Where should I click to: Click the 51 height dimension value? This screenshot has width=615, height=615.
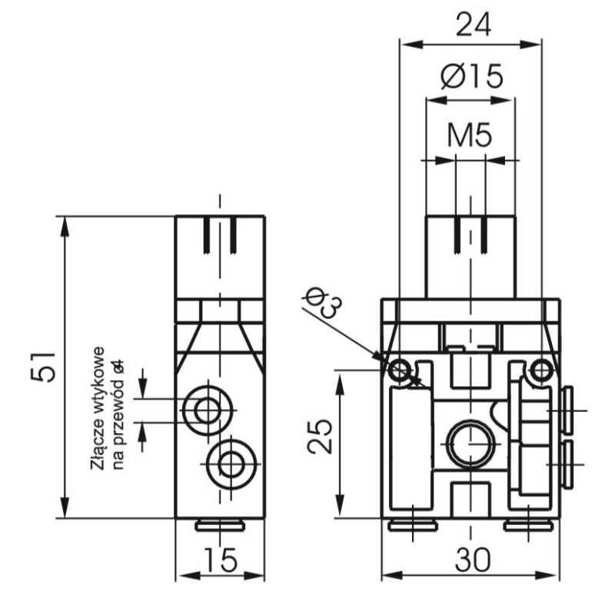[44, 367]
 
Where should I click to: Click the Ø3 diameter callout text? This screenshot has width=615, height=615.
[322, 302]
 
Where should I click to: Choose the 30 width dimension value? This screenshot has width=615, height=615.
[471, 560]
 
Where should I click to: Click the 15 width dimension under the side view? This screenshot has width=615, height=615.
[221, 560]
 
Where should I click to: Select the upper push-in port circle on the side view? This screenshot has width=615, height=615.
[207, 411]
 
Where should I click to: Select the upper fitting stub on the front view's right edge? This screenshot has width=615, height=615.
[567, 411]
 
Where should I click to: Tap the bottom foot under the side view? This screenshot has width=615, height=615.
[220, 526]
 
